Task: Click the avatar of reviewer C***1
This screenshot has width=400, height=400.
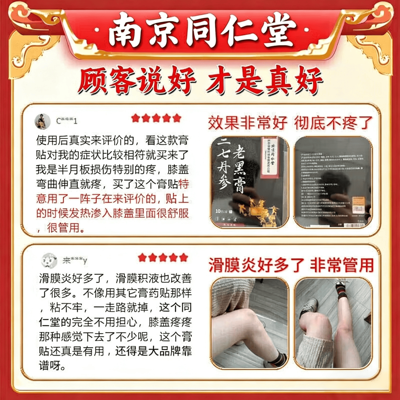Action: [x=42, y=121]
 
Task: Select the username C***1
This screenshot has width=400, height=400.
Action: [x=67, y=121]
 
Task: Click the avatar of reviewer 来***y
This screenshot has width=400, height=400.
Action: [x=49, y=260]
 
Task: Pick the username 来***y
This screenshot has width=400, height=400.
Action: [x=75, y=261]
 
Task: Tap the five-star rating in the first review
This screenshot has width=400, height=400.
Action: [x=156, y=118]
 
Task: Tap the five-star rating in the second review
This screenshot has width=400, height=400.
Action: [x=163, y=258]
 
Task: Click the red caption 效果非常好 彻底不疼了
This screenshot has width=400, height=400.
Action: [x=290, y=123]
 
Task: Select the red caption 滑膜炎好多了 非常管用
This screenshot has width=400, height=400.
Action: [x=291, y=265]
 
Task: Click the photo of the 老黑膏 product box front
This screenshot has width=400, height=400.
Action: [x=249, y=182]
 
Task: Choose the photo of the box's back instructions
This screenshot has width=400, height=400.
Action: [x=333, y=182]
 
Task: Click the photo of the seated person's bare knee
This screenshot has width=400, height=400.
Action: [x=249, y=323]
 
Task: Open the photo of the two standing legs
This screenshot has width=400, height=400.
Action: [x=333, y=323]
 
